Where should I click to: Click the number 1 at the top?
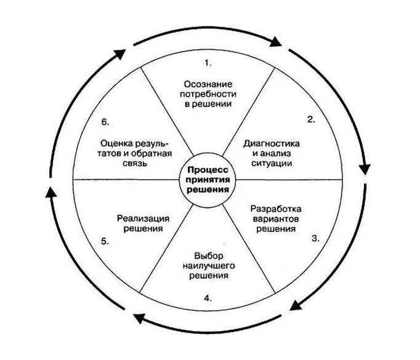point(208,62)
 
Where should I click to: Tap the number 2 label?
point(312,119)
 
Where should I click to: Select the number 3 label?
point(315,238)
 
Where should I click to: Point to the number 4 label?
point(208,298)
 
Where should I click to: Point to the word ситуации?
point(272,164)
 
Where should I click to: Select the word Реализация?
point(143,218)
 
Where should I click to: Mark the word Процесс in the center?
point(208,169)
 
